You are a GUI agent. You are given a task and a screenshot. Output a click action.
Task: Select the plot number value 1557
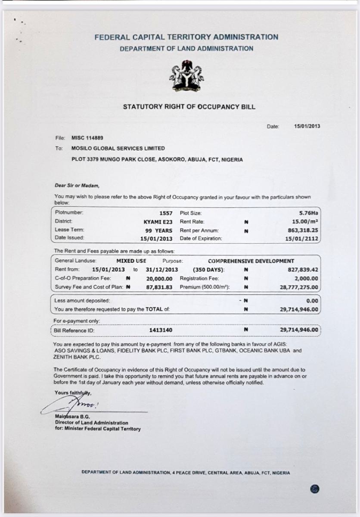coord(166,213)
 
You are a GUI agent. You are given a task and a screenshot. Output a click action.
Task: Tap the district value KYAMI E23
coord(158,221)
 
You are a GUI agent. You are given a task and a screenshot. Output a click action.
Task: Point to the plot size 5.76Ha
coord(308,213)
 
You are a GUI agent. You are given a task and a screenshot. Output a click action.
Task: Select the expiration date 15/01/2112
coord(302,238)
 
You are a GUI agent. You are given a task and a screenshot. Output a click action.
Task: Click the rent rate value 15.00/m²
coord(304,221)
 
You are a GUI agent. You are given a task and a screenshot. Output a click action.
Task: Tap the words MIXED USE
coord(131,261)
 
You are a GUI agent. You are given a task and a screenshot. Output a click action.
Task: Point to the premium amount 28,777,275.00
coord(297,287)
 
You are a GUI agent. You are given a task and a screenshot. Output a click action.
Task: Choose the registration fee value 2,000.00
coord(306,278)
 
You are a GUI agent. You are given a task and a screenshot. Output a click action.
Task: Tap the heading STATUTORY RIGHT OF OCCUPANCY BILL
coord(189,107)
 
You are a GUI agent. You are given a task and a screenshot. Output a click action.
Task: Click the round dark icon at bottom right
coord(315,489)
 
